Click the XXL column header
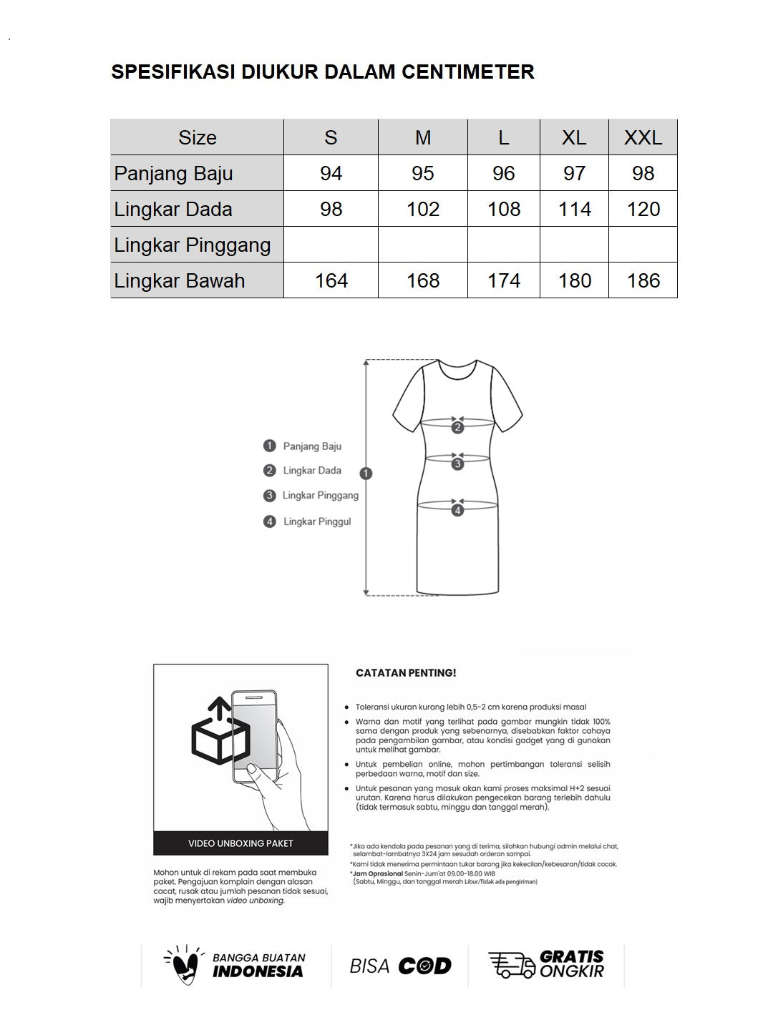tap(643, 137)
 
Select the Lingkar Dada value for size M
tap(422, 209)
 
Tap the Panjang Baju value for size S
tap(331, 173)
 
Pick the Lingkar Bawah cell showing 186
tap(643, 280)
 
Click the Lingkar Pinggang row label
tap(193, 245)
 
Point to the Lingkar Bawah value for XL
tap(574, 280)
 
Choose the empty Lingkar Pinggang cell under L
tap(503, 245)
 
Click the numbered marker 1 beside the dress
tap(366, 474)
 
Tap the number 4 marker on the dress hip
tap(458, 510)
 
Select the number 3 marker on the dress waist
tap(458, 463)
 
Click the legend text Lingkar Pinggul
tap(317, 521)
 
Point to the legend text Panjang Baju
tap(312, 446)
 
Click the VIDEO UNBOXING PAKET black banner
tap(240, 843)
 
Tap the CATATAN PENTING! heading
tap(406, 673)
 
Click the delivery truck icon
tap(512, 965)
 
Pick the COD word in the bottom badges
tap(424, 966)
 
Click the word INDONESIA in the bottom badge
tap(258, 971)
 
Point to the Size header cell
tap(197, 137)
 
